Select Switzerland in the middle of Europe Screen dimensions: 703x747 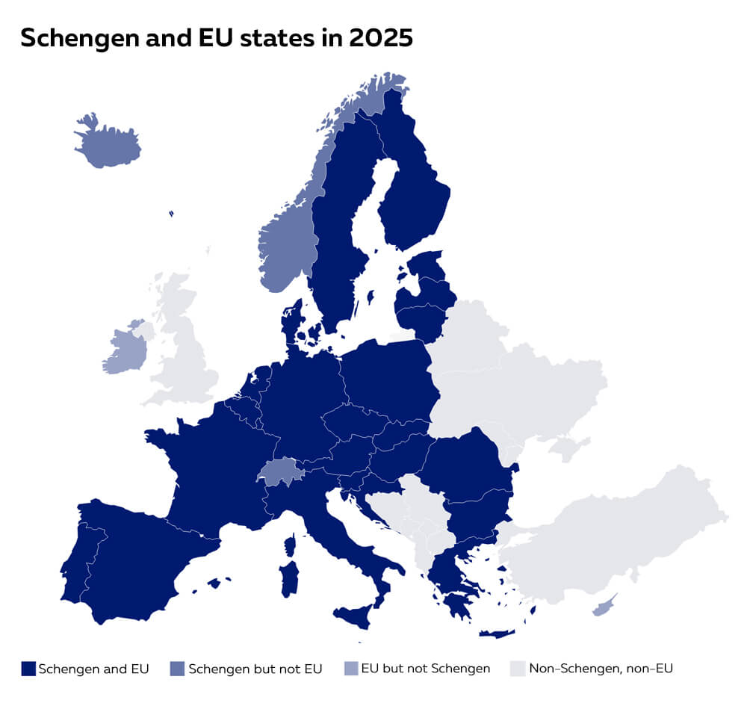[280, 472]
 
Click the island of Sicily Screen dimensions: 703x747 [353, 616]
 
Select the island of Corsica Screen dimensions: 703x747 [289, 543]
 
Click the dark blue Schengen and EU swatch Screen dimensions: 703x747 [28, 668]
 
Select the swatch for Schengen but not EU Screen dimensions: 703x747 [178, 668]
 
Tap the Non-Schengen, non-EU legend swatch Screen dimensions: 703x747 [518, 668]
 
